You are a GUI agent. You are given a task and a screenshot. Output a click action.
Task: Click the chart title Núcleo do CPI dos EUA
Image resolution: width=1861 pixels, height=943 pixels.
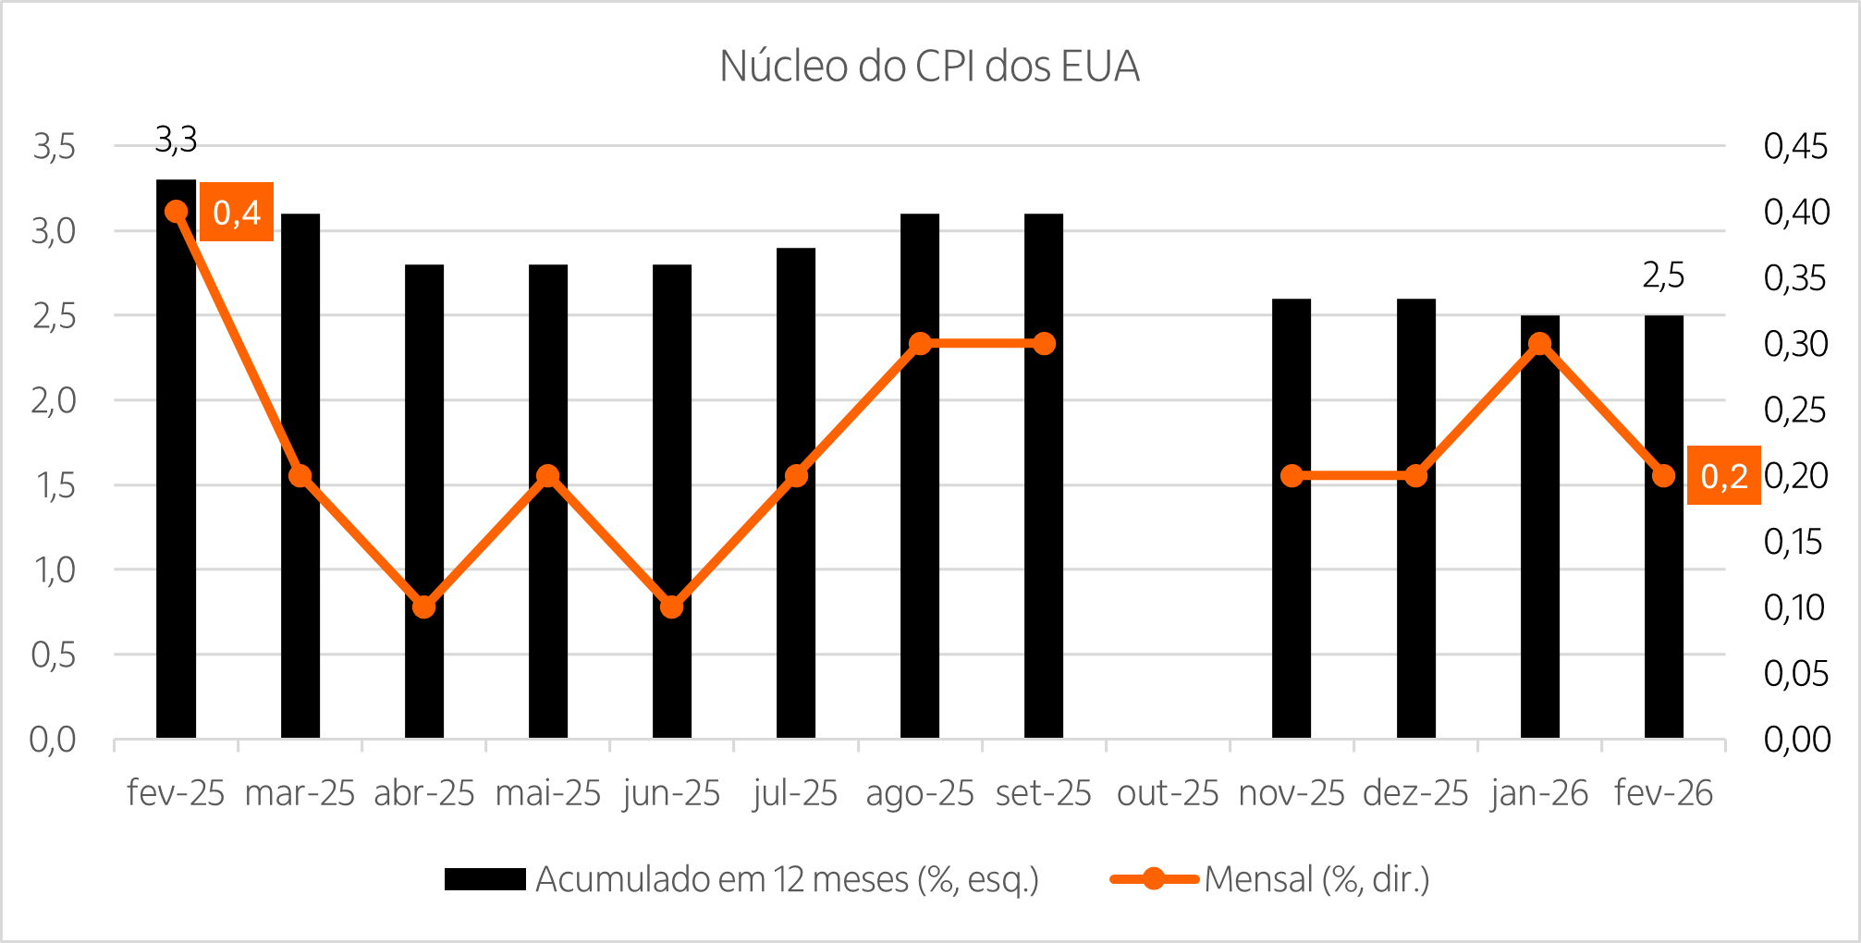pyautogui.click(x=929, y=67)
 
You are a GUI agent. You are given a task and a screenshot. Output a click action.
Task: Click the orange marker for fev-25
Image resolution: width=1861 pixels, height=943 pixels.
pyautogui.click(x=177, y=212)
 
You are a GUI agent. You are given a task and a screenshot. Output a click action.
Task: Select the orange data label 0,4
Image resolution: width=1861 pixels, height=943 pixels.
pyautogui.click(x=237, y=213)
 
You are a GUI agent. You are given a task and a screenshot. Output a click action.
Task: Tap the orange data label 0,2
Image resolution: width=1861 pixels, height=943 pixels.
pyautogui.click(x=1723, y=476)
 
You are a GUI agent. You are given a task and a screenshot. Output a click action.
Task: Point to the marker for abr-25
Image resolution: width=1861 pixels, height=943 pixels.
pyautogui.click(x=423, y=607)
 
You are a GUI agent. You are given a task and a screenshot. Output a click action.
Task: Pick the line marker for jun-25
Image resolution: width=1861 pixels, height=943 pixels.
pyautogui.click(x=672, y=607)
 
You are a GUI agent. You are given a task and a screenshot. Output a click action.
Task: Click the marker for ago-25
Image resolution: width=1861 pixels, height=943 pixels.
pyautogui.click(x=920, y=344)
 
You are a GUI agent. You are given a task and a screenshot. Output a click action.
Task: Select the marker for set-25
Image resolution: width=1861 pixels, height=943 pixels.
pyautogui.click(x=1044, y=344)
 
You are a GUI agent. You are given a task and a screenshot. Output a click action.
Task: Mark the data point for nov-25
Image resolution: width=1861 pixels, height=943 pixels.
pyautogui.click(x=1292, y=476)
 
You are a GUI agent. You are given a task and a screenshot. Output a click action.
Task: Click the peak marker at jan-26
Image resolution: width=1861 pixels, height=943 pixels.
pyautogui.click(x=1539, y=344)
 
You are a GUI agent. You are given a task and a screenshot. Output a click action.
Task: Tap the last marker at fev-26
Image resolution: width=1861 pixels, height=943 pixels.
pyautogui.click(x=1663, y=476)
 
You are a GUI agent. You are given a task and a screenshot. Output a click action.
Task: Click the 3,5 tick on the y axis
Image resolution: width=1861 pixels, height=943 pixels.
pyautogui.click(x=54, y=146)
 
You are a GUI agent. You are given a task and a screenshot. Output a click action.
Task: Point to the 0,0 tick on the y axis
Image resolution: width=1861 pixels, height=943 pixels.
pyautogui.click(x=53, y=740)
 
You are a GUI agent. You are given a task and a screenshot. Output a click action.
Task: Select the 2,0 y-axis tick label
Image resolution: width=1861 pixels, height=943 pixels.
pyautogui.click(x=54, y=400)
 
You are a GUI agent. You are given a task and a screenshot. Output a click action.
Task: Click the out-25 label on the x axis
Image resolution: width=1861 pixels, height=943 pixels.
pyautogui.click(x=1168, y=793)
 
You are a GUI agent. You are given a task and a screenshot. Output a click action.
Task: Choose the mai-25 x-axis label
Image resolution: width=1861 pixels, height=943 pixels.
pyautogui.click(x=548, y=793)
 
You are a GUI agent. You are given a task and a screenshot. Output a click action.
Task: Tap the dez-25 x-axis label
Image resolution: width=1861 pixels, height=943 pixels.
pyautogui.click(x=1415, y=793)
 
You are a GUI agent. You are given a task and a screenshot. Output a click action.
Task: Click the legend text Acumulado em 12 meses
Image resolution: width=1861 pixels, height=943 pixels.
pyautogui.click(x=787, y=879)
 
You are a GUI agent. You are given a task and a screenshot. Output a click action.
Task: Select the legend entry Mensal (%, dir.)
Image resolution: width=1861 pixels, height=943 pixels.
pyautogui.click(x=1316, y=879)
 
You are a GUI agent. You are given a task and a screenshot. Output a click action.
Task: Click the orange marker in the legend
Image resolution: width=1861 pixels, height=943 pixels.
pyautogui.click(x=1154, y=879)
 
